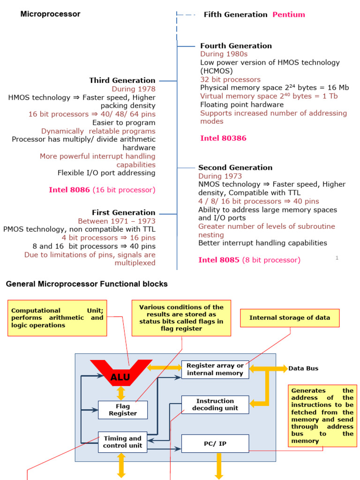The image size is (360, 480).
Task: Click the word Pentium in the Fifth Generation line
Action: (289, 15)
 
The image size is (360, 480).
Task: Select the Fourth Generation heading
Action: (236, 45)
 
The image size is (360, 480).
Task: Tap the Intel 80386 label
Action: (223, 138)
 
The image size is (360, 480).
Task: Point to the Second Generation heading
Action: (235, 167)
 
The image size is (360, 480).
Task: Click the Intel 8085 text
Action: (219, 260)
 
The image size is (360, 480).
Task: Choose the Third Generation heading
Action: (122, 80)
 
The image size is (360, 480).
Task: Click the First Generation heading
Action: (123, 212)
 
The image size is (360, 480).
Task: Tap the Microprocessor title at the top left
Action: (50, 14)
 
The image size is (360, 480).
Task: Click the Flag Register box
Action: (123, 410)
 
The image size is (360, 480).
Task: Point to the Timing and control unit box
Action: (123, 442)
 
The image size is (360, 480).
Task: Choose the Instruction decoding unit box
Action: (215, 405)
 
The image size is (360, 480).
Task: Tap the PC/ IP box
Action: (215, 443)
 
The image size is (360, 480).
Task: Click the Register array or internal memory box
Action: (215, 369)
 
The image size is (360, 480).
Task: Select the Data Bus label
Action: (303, 368)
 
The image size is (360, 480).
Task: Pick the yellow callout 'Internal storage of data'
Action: (290, 318)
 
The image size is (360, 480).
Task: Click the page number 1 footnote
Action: (337, 257)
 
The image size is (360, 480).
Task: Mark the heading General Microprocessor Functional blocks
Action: (86, 284)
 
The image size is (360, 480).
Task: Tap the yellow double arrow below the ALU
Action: (121, 392)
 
